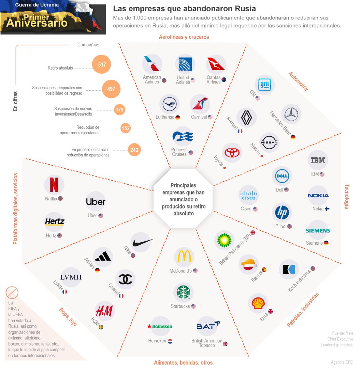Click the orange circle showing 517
101,64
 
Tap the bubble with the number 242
134,150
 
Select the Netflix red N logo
54,185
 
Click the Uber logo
96,202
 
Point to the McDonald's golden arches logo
184,256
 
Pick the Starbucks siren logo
183,292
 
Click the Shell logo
258,303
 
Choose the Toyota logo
232,153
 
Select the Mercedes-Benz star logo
291,114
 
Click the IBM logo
318,160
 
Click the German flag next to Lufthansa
178,117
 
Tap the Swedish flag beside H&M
101,327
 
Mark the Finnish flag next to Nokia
327,209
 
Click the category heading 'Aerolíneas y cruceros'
184,37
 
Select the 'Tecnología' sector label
347,197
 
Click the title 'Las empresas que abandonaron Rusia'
185,9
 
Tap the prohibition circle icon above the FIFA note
12,292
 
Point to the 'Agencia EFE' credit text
342,362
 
